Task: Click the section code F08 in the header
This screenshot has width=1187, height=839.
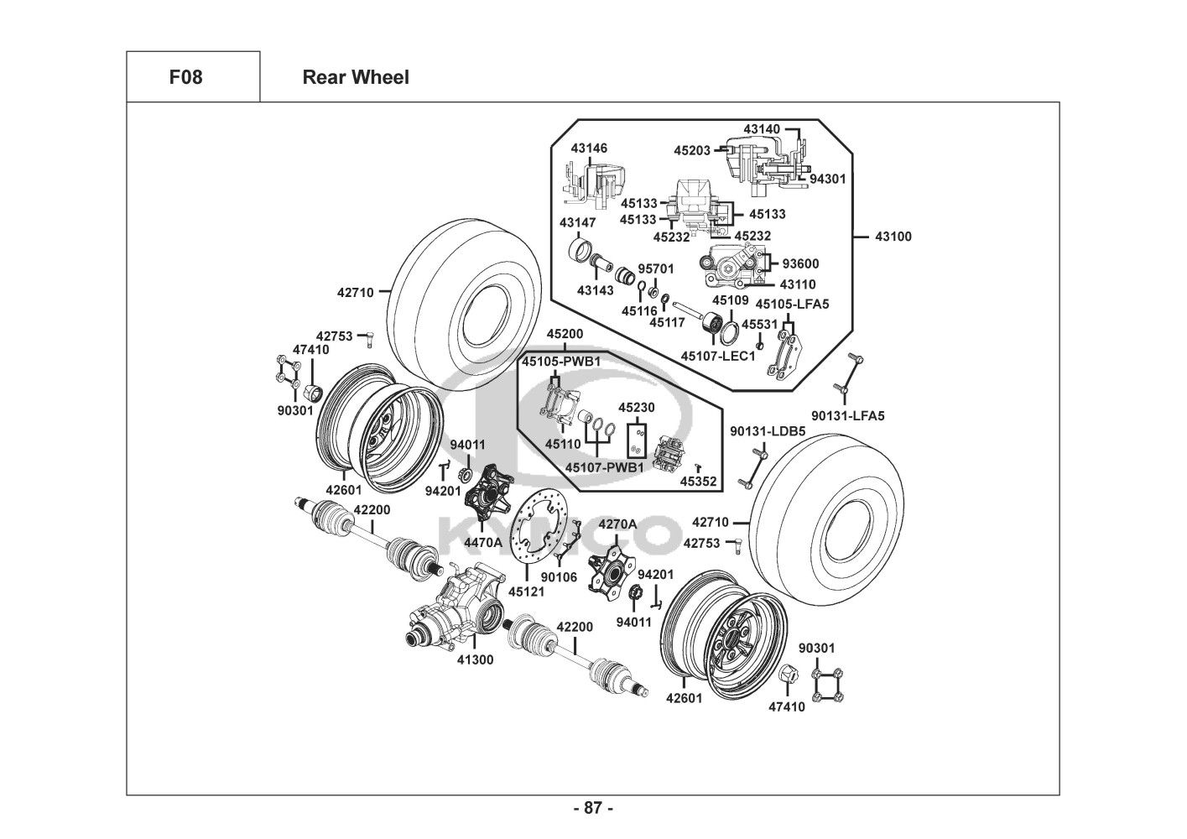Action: (x=185, y=77)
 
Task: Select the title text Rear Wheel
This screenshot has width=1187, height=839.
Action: (x=356, y=77)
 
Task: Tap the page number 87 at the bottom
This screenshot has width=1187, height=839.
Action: (x=593, y=808)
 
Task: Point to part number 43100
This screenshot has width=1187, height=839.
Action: (x=893, y=237)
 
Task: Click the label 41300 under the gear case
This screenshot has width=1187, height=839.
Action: (x=475, y=659)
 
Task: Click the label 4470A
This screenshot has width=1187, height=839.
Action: (x=483, y=542)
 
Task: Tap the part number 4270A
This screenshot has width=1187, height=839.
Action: (x=617, y=524)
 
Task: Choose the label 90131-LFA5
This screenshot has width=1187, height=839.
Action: (x=848, y=415)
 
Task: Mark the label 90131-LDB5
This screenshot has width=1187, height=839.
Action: (x=768, y=431)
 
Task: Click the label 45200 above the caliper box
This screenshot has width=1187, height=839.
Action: (x=564, y=333)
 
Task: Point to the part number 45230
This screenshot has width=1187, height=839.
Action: (x=637, y=407)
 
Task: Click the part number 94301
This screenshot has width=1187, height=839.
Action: (x=828, y=179)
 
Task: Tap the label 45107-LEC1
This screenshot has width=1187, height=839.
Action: (x=718, y=356)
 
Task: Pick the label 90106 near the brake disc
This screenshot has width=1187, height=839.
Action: (x=559, y=576)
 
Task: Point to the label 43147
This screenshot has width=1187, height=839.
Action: (x=577, y=222)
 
